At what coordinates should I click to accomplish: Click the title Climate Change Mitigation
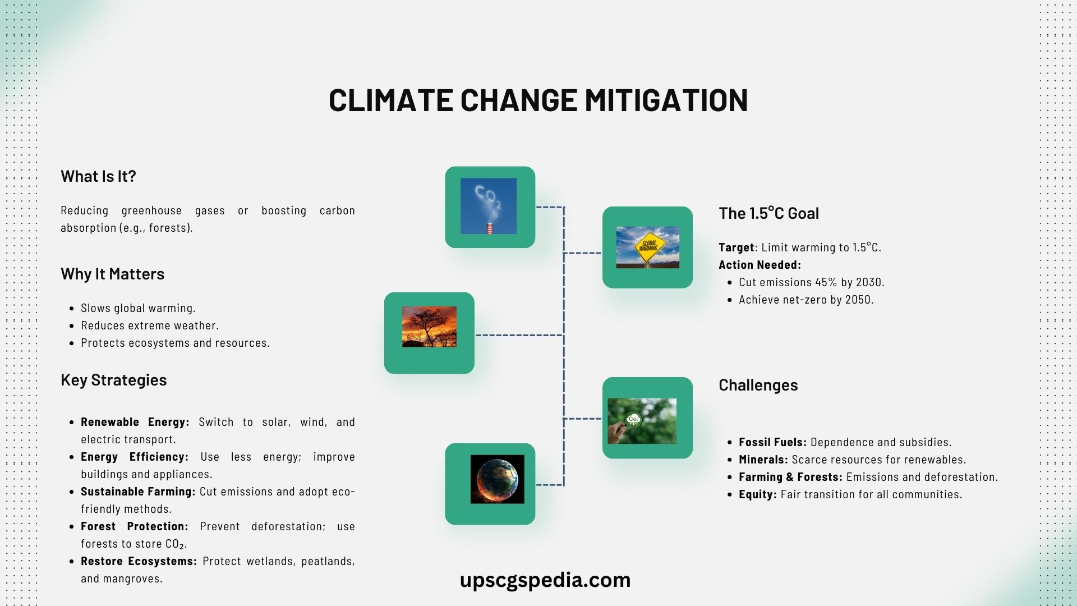pyautogui.click(x=538, y=100)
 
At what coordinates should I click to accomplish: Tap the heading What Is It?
pyautogui.click(x=98, y=176)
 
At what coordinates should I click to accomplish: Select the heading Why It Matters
pyautogui.click(x=112, y=274)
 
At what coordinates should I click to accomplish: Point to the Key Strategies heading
pyautogui.click(x=113, y=380)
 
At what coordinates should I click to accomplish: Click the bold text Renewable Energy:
pyautogui.click(x=135, y=422)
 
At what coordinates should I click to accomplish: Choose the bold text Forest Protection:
pyautogui.click(x=134, y=526)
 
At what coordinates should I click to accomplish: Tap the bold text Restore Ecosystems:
pyautogui.click(x=139, y=561)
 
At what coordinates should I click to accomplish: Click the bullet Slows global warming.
pyautogui.click(x=138, y=308)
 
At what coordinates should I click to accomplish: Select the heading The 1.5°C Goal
pyautogui.click(x=768, y=213)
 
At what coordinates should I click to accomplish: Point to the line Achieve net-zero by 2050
pyautogui.click(x=806, y=300)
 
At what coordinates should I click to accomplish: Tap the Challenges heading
pyautogui.click(x=758, y=385)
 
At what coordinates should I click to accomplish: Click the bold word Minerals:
pyautogui.click(x=763, y=460)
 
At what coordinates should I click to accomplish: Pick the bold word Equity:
pyautogui.click(x=757, y=494)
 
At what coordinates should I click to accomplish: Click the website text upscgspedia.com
pyautogui.click(x=545, y=580)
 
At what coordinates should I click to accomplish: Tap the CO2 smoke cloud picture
pyautogui.click(x=489, y=206)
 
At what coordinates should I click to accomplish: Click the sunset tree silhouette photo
pyautogui.click(x=429, y=327)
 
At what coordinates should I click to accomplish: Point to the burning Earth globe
pyautogui.click(x=497, y=479)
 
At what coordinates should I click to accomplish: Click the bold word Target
pyautogui.click(x=736, y=247)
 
